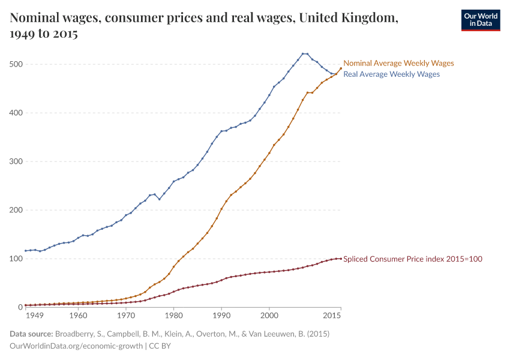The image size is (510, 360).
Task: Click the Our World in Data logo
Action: click(480, 20)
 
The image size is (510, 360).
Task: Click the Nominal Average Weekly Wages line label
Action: click(398, 63)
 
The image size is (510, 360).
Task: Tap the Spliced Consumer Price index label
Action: click(413, 259)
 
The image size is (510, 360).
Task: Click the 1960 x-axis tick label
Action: click(78, 315)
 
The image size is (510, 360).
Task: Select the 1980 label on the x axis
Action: click(173, 315)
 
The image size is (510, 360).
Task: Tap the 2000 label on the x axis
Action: click(269, 315)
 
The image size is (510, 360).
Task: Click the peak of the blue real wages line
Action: click(303, 53)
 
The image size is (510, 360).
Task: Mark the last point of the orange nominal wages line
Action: click(341, 68)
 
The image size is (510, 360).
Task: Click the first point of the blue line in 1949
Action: click(25, 251)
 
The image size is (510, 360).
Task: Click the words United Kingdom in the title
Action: click(348, 19)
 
